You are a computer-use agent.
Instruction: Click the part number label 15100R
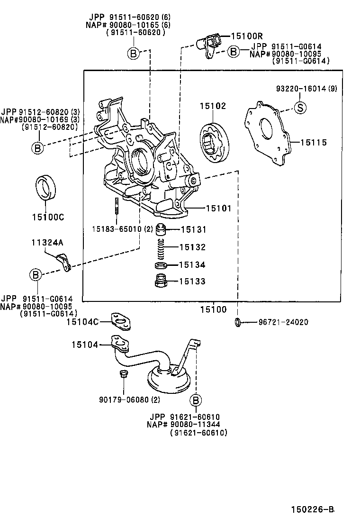click(246, 36)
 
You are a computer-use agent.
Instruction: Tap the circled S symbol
click(300, 108)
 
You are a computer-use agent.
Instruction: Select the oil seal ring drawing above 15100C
click(46, 188)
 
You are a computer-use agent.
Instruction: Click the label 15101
click(218, 208)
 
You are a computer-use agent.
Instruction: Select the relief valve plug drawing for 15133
click(161, 282)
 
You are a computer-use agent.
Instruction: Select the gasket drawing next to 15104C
click(121, 322)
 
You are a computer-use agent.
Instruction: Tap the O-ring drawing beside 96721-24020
click(238, 323)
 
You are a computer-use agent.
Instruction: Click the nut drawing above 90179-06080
click(122, 375)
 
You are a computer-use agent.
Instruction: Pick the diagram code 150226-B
click(313, 510)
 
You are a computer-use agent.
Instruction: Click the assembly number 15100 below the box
click(213, 310)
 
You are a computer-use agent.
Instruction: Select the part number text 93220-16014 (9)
click(306, 89)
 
